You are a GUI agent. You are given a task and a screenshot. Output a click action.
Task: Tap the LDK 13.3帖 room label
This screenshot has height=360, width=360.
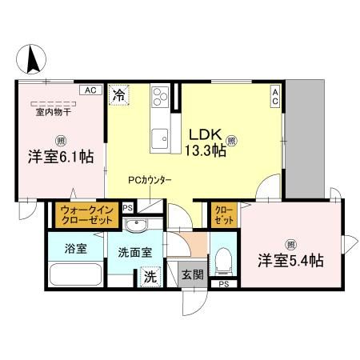[206, 143]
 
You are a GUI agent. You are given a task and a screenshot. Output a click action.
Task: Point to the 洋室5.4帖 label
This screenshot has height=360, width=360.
[290, 260]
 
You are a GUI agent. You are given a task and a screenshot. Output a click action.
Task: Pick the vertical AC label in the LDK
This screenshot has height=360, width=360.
[274, 97]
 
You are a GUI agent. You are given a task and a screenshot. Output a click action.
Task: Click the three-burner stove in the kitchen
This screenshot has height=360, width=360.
[159, 95]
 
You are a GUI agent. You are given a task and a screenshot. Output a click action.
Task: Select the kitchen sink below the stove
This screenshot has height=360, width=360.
[158, 135]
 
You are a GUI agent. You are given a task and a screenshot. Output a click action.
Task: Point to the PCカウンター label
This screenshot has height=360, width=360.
[149, 182]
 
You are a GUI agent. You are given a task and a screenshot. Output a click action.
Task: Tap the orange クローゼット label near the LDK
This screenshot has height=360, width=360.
[222, 214]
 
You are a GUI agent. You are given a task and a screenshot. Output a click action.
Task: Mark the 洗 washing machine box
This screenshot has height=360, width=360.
[149, 278]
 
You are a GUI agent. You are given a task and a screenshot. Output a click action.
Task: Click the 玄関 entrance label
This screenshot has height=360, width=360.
[192, 274]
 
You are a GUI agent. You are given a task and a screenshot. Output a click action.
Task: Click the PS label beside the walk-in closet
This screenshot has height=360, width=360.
[128, 208]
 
